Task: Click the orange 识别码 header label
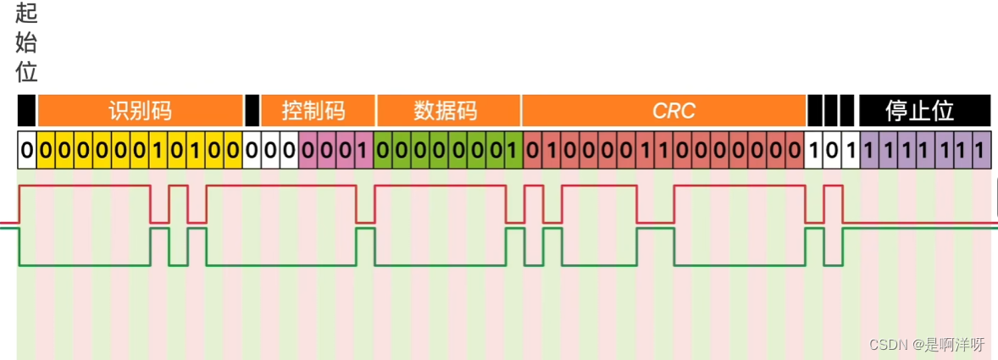tap(140, 111)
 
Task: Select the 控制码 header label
tap(314, 111)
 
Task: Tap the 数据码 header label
tap(446, 111)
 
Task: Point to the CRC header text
tap(674, 111)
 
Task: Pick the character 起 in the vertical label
tap(26, 15)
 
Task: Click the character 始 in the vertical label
tap(26, 43)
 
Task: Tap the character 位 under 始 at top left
tap(26, 71)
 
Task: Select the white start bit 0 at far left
tap(26, 152)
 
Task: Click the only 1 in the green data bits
tap(513, 152)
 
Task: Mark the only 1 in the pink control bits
tap(363, 152)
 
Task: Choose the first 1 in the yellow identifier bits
tap(158, 152)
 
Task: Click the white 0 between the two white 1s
tap(832, 152)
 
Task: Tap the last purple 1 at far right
tap(981, 152)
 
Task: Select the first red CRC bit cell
tap(533, 152)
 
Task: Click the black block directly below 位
tap(26, 111)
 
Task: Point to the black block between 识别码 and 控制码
tap(252, 111)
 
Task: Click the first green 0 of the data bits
tap(383, 152)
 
